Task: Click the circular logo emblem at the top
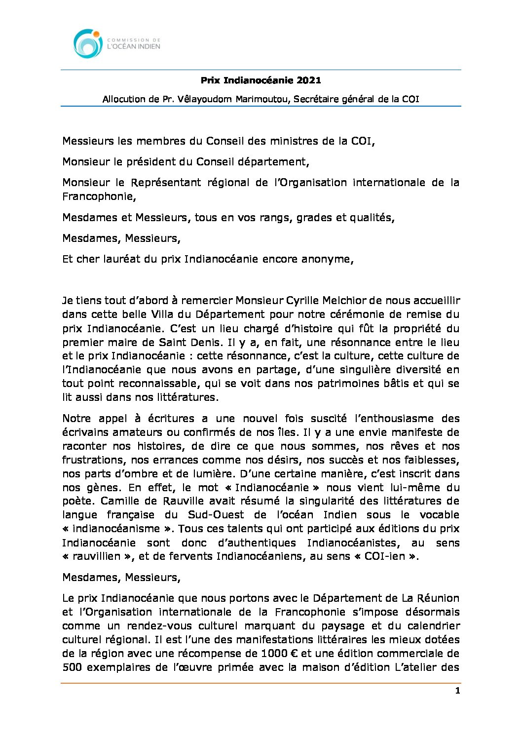pos(88,43)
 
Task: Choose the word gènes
pos(105,487)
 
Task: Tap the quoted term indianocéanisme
pos(118,528)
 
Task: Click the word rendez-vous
pos(158,625)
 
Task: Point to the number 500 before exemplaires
pos(72,667)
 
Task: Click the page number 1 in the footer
pos(457,691)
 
